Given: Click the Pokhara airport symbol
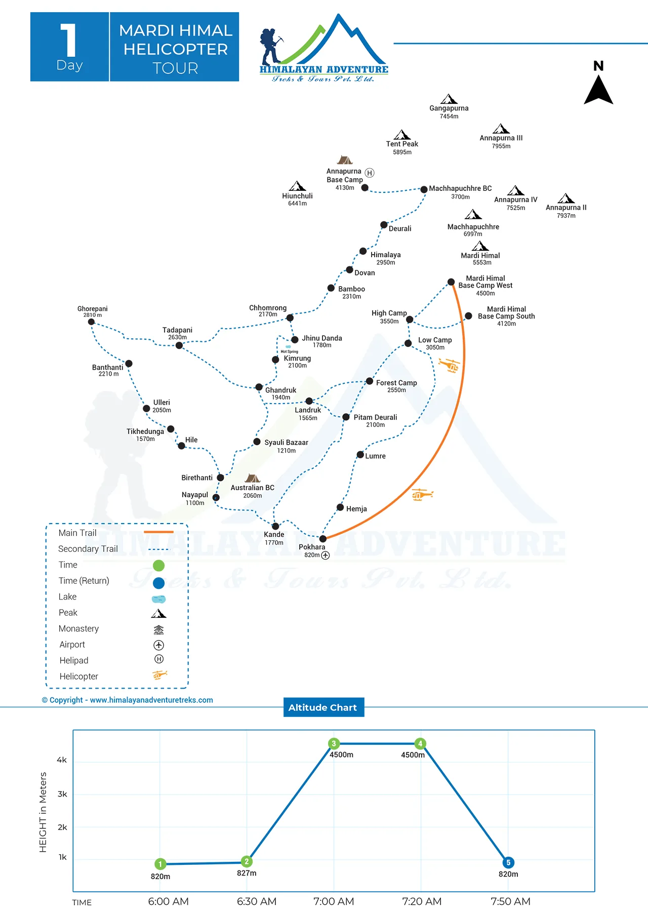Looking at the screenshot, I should pyautogui.click(x=326, y=555).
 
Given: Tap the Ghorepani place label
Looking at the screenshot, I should pyautogui.click(x=92, y=309).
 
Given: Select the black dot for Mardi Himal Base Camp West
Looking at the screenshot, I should pyautogui.click(x=451, y=282).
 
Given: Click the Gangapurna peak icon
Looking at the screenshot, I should pyautogui.click(x=449, y=99).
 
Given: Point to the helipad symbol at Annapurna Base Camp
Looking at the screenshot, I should pyautogui.click(x=370, y=173).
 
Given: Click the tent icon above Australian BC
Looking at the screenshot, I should pyautogui.click(x=252, y=478).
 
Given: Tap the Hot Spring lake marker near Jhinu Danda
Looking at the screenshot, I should pyautogui.click(x=288, y=347).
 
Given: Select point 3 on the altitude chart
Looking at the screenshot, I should pyautogui.click(x=334, y=744).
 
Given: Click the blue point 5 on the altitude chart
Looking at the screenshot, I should pyautogui.click(x=508, y=863).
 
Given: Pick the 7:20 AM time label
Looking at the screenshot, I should pyautogui.click(x=422, y=902).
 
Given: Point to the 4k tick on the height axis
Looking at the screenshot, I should pyautogui.click(x=62, y=760).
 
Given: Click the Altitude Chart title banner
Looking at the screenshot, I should pyautogui.click(x=323, y=707).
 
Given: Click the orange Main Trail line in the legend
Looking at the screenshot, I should pyautogui.click(x=158, y=532).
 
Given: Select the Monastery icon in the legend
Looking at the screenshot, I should pyautogui.click(x=158, y=629).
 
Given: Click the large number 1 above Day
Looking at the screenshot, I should pyautogui.click(x=69, y=41).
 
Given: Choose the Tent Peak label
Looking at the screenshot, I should pyautogui.click(x=402, y=144).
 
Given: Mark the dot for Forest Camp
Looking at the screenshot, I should pyautogui.click(x=370, y=381).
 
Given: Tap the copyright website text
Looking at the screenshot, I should pyautogui.click(x=128, y=700).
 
